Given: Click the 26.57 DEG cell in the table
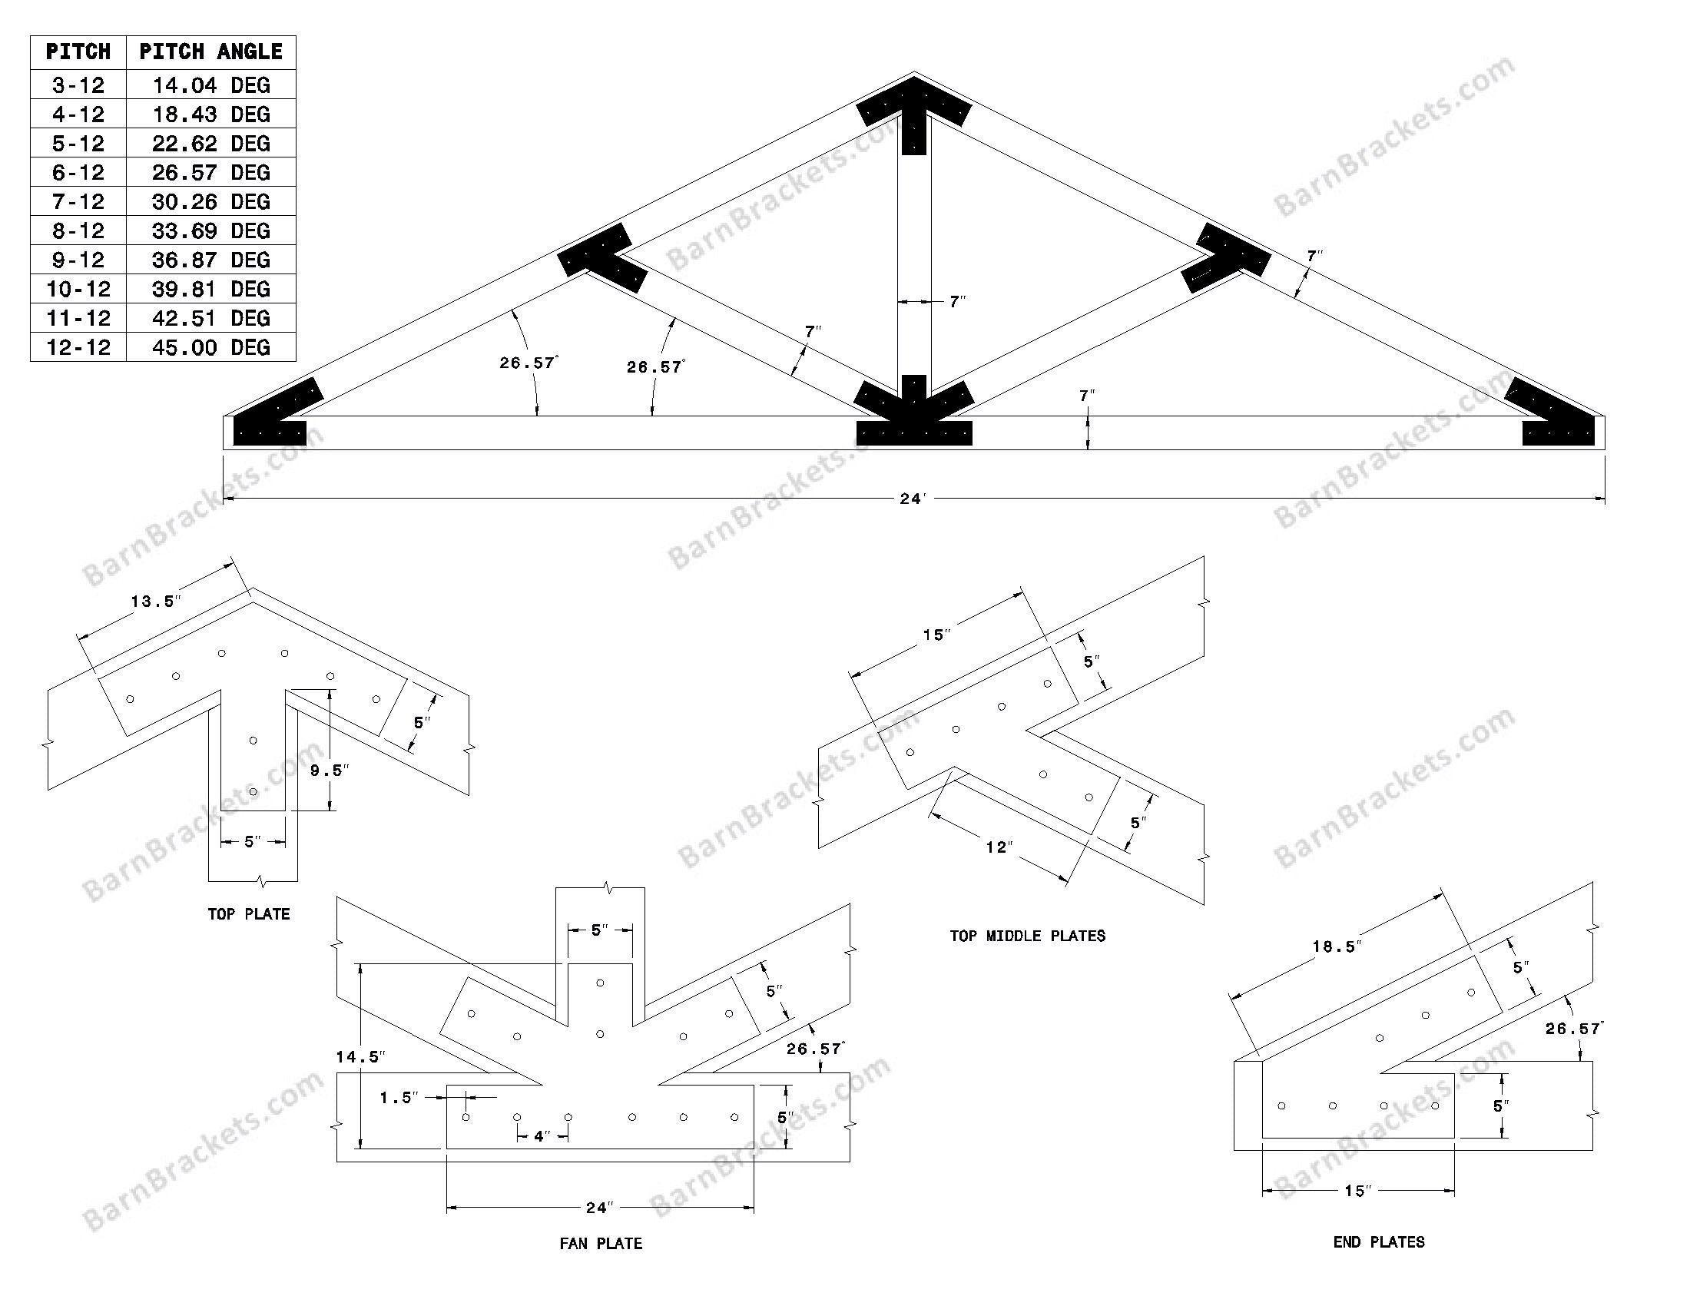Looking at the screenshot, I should [210, 172].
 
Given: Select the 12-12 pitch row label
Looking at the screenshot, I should [78, 346].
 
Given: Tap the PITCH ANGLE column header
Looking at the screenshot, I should [210, 51].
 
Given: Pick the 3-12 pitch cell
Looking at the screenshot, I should [78, 85].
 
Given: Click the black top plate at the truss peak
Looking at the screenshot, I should [914, 116].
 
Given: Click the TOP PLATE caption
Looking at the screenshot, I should [248, 913].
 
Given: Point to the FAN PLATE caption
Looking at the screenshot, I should [601, 1243].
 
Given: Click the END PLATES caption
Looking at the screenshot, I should [1378, 1241].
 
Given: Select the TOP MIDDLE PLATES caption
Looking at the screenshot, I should [1027, 936].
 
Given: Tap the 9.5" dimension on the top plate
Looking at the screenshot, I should [330, 770].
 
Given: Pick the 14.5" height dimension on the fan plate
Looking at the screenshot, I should [360, 1057].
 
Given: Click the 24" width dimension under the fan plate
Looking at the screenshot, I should [600, 1207].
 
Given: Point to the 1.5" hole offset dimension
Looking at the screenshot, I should [399, 1097].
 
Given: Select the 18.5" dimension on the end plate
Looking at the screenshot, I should [1336, 946].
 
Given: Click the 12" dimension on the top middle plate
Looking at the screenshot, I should [998, 847].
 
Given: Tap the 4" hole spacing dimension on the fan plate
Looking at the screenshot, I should [542, 1135].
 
